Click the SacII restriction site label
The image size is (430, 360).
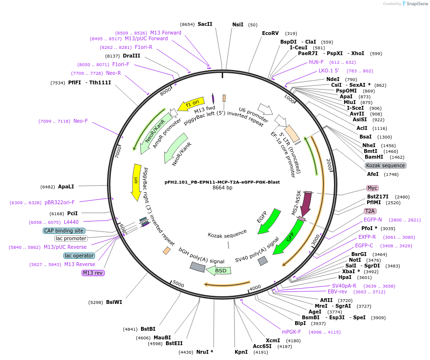pos(204,24)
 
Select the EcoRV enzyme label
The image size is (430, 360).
pos(270,33)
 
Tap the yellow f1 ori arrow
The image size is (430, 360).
pos(188,105)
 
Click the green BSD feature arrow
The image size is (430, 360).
pos(219,270)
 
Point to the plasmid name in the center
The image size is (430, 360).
pos(222,182)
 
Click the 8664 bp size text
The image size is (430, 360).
pos(222,188)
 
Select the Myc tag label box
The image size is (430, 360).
pos(372,188)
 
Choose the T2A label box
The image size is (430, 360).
pos(370,211)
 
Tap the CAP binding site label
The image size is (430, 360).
pos(64,231)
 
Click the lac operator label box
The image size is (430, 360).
pos(79,255)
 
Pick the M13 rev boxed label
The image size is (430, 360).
pos(93,273)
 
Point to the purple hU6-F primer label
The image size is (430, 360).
pos(316,62)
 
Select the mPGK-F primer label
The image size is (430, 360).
pos(291,332)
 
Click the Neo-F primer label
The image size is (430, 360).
pos(81,121)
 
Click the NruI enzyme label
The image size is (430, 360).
pos(204,352)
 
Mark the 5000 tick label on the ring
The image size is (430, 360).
pos(178,284)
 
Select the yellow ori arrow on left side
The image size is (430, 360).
pos(136,182)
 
